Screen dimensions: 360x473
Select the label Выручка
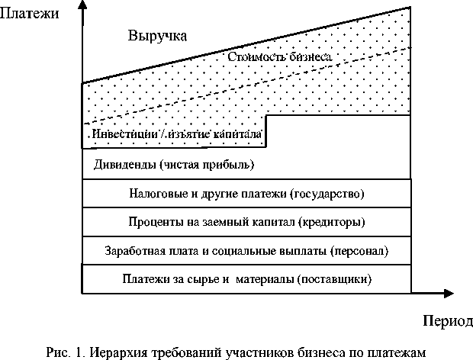click(157, 36)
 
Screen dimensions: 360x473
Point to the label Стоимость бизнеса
click(280, 57)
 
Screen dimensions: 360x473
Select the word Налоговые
click(144, 193)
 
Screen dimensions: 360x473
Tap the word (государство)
click(328, 193)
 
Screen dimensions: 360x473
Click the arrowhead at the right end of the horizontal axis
click(440, 292)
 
